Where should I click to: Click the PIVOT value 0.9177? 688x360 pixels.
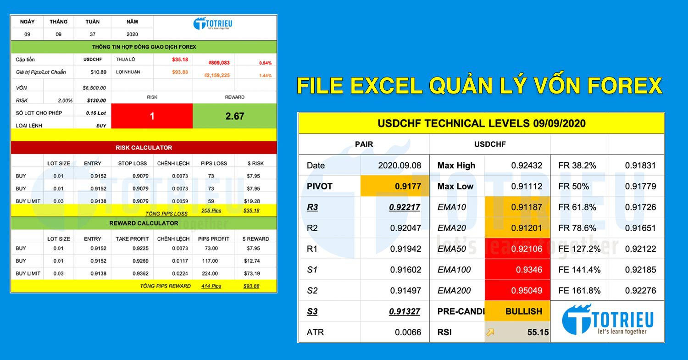coord(407,186)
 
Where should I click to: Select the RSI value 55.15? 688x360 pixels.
coord(538,332)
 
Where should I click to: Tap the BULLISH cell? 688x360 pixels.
coord(523,311)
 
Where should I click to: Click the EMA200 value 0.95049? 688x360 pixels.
coord(528,290)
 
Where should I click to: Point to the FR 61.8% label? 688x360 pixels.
coord(577,207)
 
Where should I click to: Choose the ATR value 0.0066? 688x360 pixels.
coord(408,332)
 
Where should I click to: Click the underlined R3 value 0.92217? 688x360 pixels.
coord(405,207)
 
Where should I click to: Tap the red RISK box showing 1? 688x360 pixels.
coord(152,116)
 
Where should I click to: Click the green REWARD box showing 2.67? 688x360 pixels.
coord(234,116)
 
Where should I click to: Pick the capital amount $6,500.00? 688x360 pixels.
coord(94,88)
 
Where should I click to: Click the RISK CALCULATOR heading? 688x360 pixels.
coord(144,148)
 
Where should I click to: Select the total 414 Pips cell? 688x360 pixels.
coord(211,286)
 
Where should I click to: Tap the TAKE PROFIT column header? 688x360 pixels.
coord(132,239)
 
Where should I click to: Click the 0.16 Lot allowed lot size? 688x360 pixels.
coord(96,113)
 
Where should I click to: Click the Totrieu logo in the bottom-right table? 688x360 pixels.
coord(608,320)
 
